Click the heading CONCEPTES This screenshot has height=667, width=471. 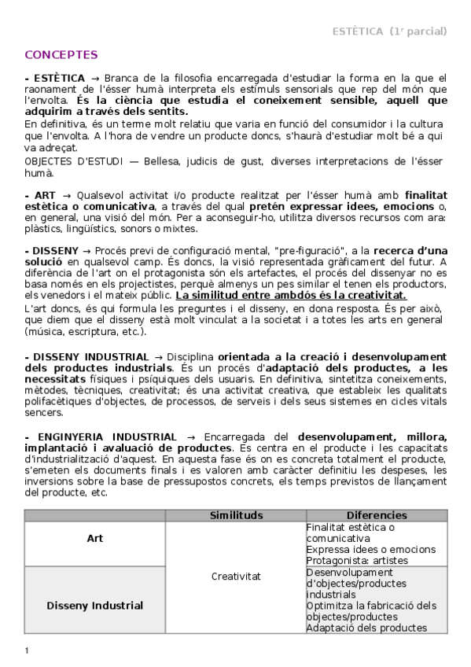(x=61, y=55)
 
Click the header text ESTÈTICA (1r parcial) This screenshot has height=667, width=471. (x=389, y=31)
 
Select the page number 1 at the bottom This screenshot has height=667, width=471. (x=27, y=650)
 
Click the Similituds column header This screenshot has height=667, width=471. (x=236, y=515)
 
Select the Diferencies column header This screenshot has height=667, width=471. (x=377, y=515)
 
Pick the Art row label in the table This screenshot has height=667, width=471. (x=94, y=539)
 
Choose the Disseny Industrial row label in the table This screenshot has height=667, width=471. (x=94, y=606)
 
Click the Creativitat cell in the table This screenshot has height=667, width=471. (x=236, y=577)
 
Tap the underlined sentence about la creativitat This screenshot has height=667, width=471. (x=291, y=296)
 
